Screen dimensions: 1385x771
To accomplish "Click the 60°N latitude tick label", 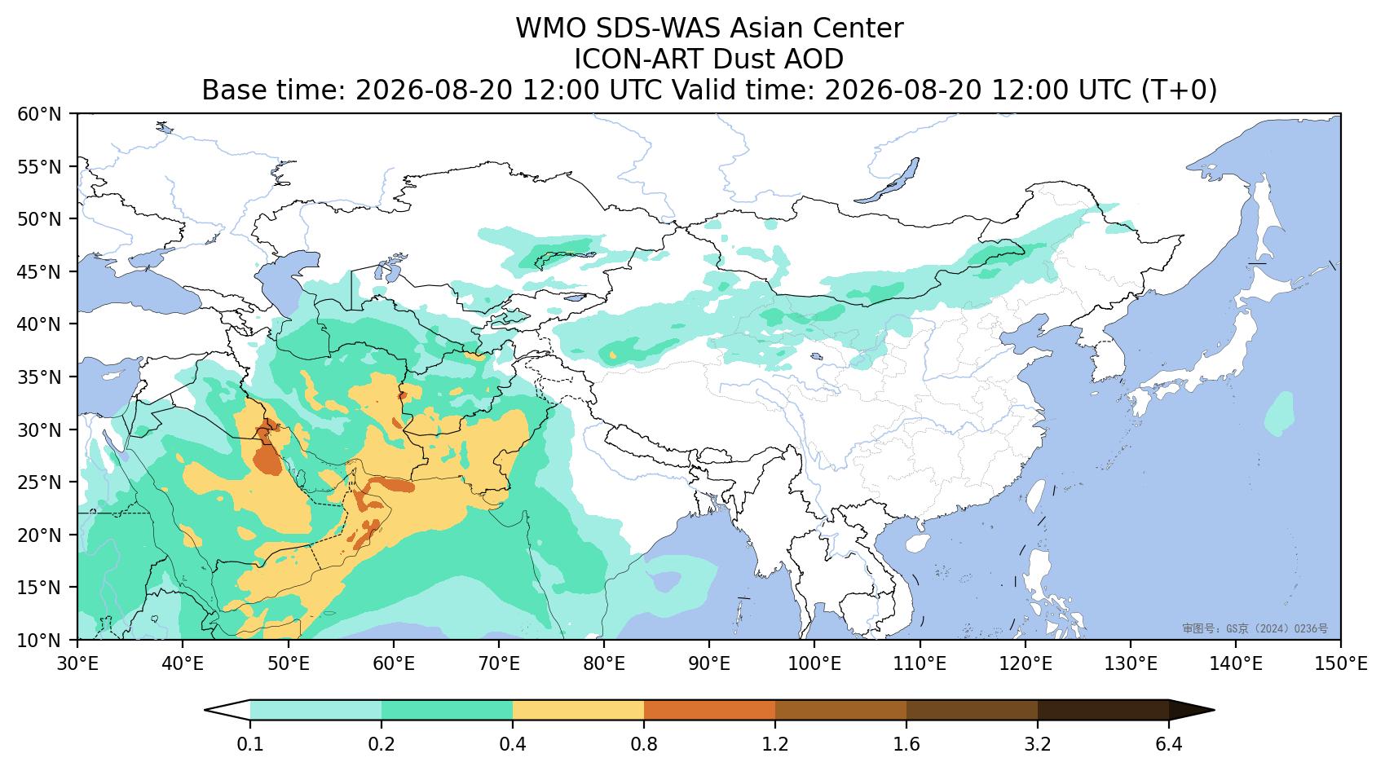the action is [39, 114].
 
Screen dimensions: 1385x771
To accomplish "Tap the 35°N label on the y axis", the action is [39, 377].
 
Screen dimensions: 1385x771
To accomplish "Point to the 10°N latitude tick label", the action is [39, 640].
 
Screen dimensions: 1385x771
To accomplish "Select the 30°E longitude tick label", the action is [77, 664].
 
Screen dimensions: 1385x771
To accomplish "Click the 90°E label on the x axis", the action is [709, 664].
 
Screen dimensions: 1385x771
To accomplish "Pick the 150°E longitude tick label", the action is [1340, 664].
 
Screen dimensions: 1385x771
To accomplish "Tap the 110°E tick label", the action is [920, 664].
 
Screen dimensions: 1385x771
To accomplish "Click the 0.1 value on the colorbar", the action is [250, 744].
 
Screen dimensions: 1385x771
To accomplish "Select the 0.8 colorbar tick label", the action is [644, 744].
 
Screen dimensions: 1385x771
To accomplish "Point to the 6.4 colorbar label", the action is [1169, 744].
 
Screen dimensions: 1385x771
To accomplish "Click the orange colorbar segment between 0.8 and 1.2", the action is [710, 710].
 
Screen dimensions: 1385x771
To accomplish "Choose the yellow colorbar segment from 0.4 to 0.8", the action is [579, 710].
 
